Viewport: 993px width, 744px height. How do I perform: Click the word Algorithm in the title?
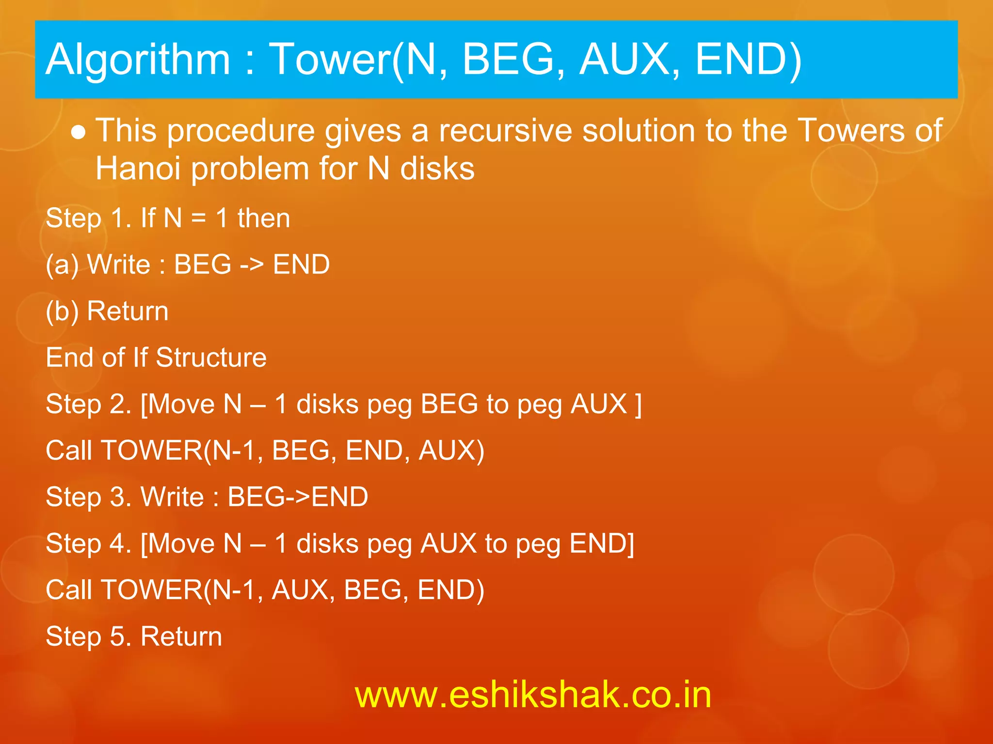pyautogui.click(x=138, y=60)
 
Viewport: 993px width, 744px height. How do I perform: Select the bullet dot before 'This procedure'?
pyautogui.click(x=79, y=132)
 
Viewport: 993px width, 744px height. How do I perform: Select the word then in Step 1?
pyautogui.click(x=263, y=218)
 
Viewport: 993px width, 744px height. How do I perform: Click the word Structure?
pyautogui.click(x=211, y=357)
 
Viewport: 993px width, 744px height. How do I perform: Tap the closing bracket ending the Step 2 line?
pyautogui.click(x=638, y=404)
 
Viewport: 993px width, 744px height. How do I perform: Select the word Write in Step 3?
pyautogui.click(x=172, y=497)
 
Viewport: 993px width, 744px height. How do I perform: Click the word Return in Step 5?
pyautogui.click(x=181, y=636)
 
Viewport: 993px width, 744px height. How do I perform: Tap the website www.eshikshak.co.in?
pyautogui.click(x=533, y=695)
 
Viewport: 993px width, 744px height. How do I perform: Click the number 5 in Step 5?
pyautogui.click(x=117, y=636)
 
